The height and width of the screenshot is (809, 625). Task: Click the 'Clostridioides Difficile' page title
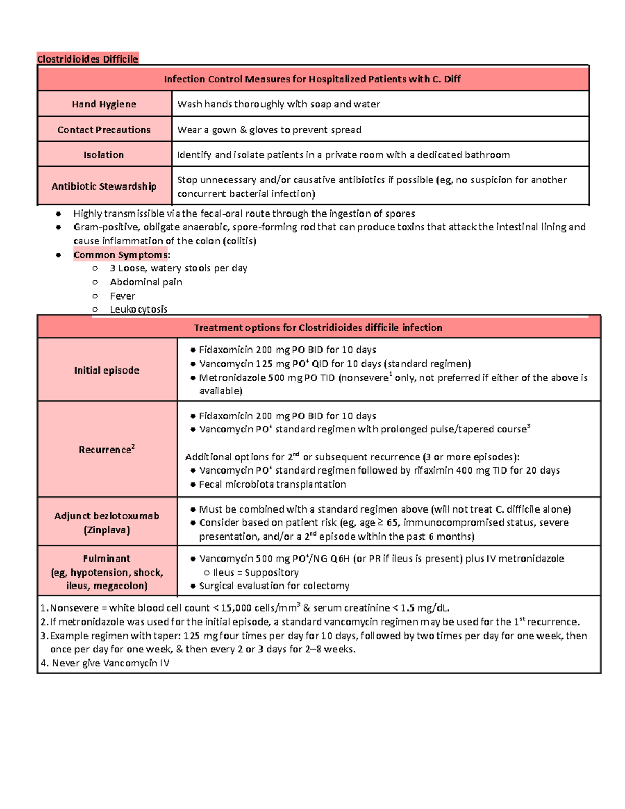click(x=87, y=59)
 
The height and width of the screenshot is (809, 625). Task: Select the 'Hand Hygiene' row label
click(x=104, y=104)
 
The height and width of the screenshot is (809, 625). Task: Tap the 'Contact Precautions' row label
click(x=104, y=130)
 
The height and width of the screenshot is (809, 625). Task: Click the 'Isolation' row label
click(x=104, y=155)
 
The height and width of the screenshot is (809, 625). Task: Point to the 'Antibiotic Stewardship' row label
click(x=104, y=186)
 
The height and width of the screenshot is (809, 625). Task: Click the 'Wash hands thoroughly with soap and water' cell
click(x=279, y=104)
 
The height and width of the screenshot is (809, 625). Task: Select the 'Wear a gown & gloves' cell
click(x=269, y=130)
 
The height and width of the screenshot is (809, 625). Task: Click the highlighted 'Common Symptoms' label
click(x=121, y=255)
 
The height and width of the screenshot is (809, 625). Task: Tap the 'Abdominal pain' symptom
click(x=146, y=282)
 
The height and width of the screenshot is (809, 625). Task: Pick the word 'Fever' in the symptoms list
click(x=122, y=296)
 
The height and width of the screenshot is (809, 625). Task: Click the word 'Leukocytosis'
click(x=139, y=309)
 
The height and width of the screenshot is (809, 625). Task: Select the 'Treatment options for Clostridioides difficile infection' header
click(x=318, y=328)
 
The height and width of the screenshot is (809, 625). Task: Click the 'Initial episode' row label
click(x=107, y=370)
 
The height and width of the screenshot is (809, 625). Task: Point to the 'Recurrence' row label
click(x=106, y=450)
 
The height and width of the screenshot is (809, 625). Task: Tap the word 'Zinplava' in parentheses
click(x=107, y=530)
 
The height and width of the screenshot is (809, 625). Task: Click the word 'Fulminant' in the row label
click(x=107, y=558)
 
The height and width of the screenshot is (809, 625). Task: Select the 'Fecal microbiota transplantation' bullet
click(x=272, y=484)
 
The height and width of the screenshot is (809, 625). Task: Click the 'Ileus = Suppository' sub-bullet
click(x=256, y=572)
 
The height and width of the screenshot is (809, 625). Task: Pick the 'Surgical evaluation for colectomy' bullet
click(x=274, y=586)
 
